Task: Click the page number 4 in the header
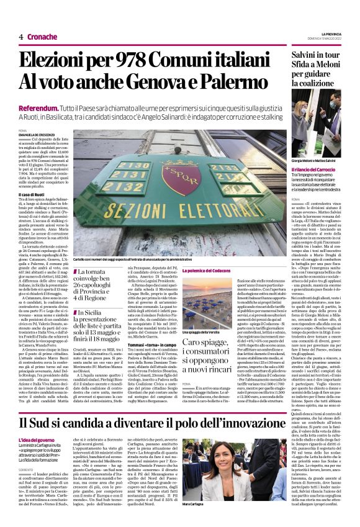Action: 21,37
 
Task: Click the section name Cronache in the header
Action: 42,37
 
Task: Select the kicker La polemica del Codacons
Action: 209,272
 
